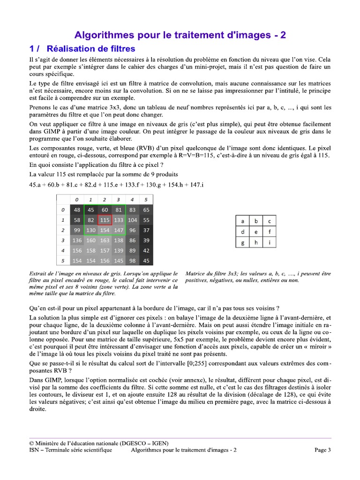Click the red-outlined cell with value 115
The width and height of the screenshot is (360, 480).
(105, 220)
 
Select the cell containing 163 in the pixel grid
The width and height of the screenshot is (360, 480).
(105, 240)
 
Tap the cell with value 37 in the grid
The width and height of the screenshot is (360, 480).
(146, 231)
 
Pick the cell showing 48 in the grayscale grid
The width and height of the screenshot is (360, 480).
(77, 210)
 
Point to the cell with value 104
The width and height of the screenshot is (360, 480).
(133, 220)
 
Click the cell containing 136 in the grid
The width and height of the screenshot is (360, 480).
(77, 240)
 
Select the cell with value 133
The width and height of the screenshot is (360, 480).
(119, 220)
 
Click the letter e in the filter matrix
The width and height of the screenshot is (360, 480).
(256, 232)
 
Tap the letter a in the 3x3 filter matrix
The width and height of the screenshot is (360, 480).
(242, 221)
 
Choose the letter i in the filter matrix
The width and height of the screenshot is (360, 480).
(270, 242)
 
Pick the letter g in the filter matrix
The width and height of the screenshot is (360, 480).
(242, 242)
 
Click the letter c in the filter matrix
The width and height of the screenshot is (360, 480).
(270, 221)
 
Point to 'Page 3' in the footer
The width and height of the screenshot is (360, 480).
(322, 450)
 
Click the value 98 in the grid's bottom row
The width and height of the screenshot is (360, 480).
(133, 261)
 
